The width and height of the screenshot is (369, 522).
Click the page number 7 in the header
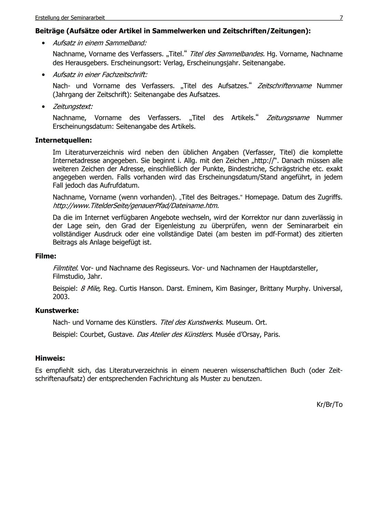click(x=341, y=17)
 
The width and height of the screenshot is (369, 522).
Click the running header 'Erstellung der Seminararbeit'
click(x=70, y=17)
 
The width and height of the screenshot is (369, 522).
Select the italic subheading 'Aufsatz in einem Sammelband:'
click(x=99, y=43)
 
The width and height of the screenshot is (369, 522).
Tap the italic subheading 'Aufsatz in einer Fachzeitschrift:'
click(x=100, y=74)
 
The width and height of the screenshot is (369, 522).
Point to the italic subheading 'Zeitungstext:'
click(x=72, y=106)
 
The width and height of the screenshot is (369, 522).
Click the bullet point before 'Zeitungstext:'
click(x=43, y=107)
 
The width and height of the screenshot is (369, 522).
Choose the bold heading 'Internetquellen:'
click(x=64, y=140)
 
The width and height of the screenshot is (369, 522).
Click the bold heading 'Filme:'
click(x=46, y=256)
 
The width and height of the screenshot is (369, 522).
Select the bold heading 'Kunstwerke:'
click(x=57, y=311)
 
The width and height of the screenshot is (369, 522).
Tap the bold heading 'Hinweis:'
click(x=50, y=358)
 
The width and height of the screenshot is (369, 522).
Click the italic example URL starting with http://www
click(x=136, y=206)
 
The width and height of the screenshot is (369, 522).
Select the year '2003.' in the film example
click(x=61, y=297)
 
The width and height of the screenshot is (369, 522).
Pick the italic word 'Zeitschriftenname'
click(x=284, y=86)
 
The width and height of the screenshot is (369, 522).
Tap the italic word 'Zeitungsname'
click(x=288, y=118)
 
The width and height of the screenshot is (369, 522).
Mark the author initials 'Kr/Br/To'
click(x=329, y=404)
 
